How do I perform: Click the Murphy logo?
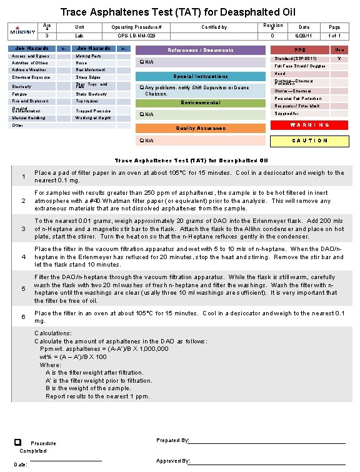click(x=22, y=31)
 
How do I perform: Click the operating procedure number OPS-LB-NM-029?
click(x=140, y=36)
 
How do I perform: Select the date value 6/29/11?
click(x=304, y=36)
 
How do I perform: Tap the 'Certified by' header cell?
click(x=214, y=27)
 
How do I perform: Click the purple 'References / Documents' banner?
click(x=201, y=50)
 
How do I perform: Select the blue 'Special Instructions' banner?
click(x=201, y=76)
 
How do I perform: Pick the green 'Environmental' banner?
click(x=201, y=102)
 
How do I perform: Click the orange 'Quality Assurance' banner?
click(x=201, y=128)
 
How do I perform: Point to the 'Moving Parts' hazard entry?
click(x=87, y=56)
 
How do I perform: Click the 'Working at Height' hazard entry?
click(x=93, y=117)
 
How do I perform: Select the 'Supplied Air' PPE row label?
click(x=287, y=114)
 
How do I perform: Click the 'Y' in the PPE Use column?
click(x=338, y=58)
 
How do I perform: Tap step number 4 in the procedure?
click(x=23, y=257)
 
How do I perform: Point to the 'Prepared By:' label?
click(x=172, y=440)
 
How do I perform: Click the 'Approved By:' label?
click(x=173, y=461)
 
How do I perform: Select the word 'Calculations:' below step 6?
click(x=53, y=333)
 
